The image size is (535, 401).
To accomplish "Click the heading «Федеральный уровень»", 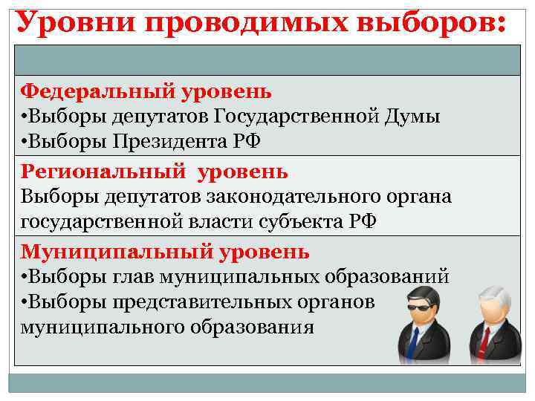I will coord(146,91).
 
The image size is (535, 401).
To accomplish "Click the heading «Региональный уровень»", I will coord(153,172).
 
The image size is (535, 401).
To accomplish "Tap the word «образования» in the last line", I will coord(253,326).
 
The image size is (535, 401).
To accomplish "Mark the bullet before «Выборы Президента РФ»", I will coord(25,141).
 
